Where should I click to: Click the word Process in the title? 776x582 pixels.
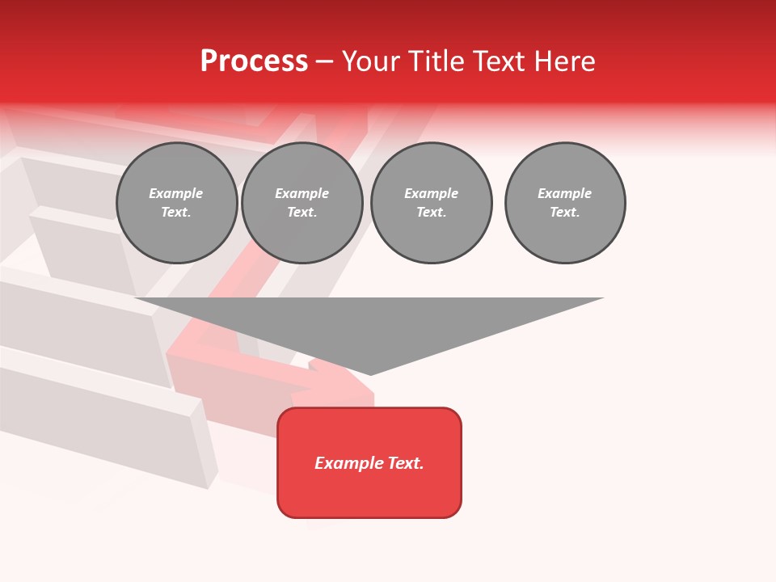(254, 61)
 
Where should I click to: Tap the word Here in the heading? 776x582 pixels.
(563, 61)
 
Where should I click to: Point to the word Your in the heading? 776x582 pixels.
(371, 61)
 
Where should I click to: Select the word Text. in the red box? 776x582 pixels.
(406, 463)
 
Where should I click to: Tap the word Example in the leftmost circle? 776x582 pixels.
(176, 193)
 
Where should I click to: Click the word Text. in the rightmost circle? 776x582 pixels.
(565, 213)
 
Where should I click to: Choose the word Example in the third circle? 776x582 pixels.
(431, 193)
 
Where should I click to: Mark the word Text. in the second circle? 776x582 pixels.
(302, 213)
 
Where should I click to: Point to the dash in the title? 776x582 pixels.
(325, 61)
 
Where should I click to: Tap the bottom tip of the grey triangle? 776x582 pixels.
(370, 373)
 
